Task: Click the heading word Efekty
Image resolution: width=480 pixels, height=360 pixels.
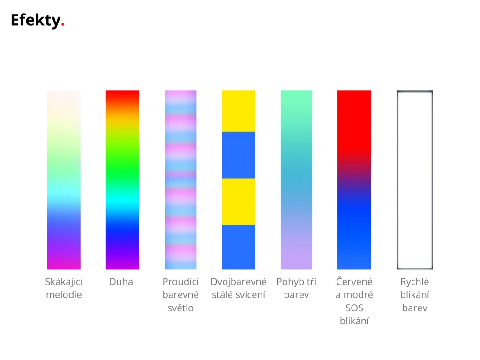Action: (36, 21)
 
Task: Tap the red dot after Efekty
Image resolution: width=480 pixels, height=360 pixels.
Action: (63, 24)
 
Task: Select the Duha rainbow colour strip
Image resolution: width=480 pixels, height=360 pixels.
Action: (122, 180)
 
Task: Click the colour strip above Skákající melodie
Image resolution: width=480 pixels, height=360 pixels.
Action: (64, 180)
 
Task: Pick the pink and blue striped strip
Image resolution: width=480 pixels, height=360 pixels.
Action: (180, 180)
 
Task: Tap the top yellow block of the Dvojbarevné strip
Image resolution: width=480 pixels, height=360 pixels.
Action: (239, 111)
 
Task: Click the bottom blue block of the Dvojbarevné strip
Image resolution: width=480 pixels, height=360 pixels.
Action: (239, 247)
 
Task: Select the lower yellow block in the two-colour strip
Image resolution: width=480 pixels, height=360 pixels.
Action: (239, 202)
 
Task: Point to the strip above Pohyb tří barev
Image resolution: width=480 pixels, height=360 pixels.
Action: (296, 180)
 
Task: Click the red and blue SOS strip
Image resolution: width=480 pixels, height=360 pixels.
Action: (354, 180)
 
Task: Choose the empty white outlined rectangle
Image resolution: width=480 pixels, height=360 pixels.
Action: (397, 180)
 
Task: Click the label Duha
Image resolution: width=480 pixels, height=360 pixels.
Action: (121, 282)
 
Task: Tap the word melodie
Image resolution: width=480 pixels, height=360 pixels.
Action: (64, 295)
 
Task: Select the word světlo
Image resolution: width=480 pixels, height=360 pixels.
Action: (180, 307)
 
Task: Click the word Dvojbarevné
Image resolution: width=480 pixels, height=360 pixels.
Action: (239, 282)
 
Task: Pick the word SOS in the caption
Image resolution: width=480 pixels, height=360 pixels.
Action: (354, 308)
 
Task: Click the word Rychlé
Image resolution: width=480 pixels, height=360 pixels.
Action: (414, 282)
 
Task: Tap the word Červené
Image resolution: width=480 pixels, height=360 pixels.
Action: (354, 281)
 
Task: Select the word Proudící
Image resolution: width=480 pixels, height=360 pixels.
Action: (180, 281)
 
